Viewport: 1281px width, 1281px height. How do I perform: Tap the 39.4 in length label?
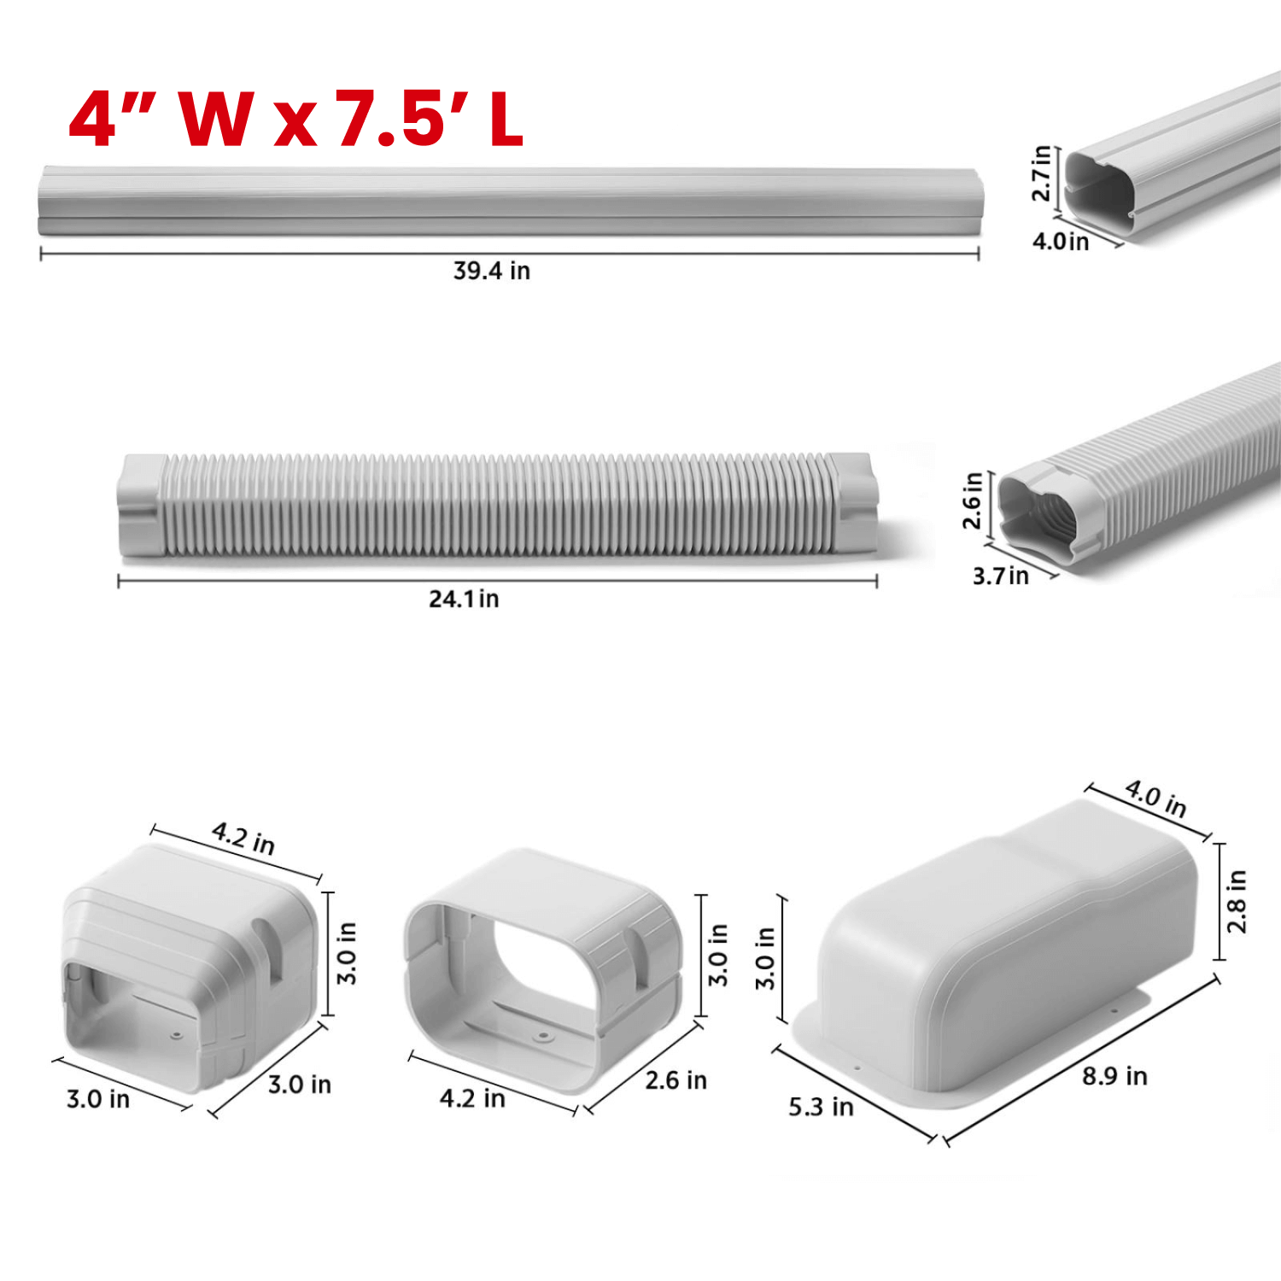pos(492,271)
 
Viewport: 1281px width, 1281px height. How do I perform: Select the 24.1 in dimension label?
pos(464,599)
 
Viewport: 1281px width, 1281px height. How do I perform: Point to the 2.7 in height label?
pos(1042,173)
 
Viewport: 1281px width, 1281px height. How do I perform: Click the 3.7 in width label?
pos(1001,576)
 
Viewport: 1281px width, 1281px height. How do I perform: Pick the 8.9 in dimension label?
pos(1114,1076)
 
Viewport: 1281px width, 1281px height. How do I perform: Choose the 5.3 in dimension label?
pos(821,1107)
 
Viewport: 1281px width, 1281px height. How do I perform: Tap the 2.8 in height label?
pos(1237,902)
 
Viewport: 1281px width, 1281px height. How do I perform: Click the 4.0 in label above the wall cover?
pos(1155,798)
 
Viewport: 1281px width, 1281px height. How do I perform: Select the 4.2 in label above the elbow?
pos(243,838)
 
